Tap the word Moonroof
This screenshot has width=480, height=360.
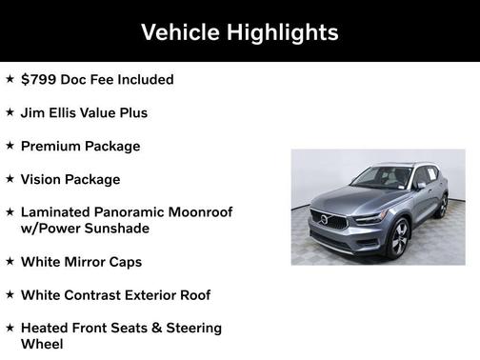coord(202,212)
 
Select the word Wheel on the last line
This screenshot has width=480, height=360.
coord(42,344)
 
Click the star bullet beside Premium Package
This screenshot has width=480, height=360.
coord(10,146)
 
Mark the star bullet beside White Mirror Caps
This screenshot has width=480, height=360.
coord(10,261)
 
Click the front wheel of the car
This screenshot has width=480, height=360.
coord(399,237)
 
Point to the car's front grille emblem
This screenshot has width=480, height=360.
coord(326,220)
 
